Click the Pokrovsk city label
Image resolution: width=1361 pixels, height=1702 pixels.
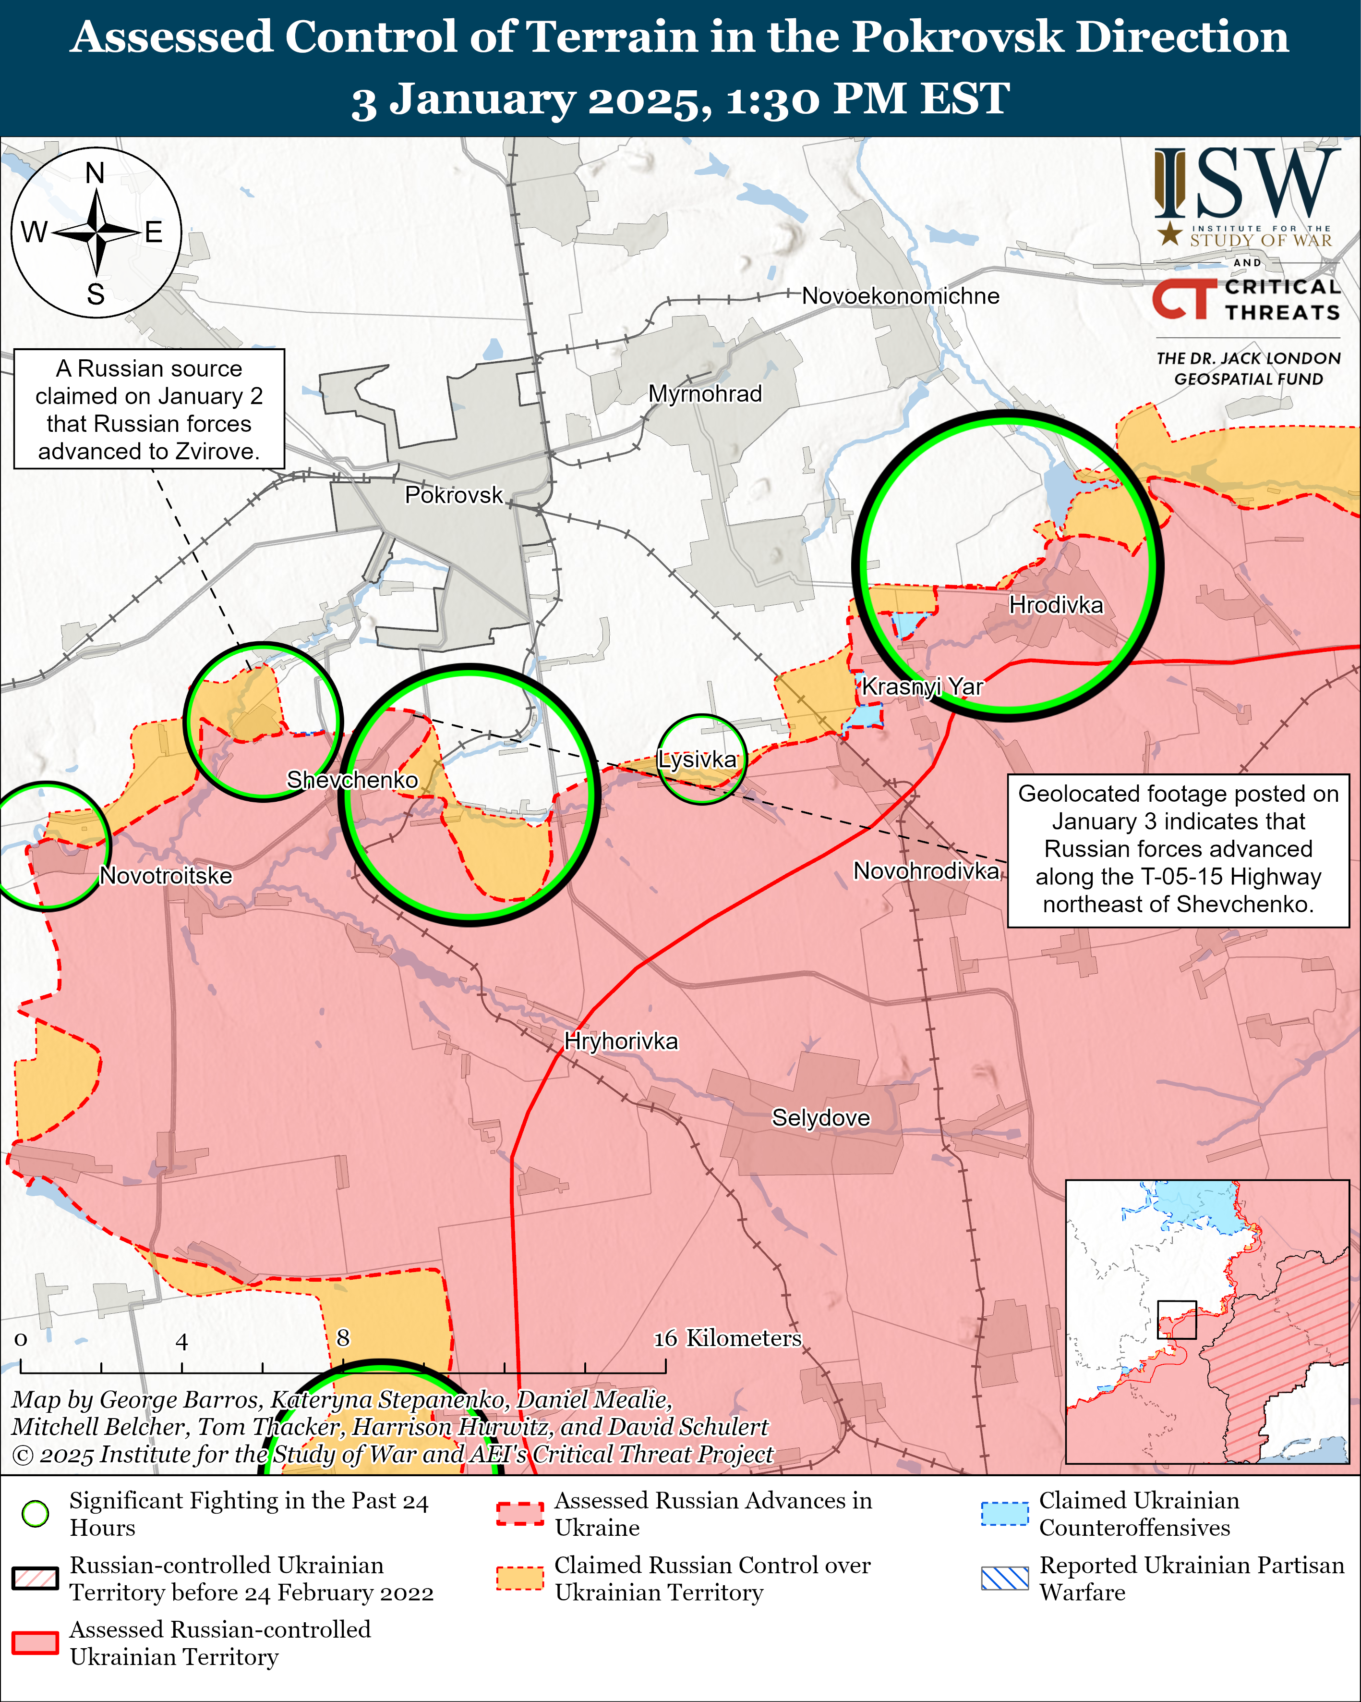coord(454,495)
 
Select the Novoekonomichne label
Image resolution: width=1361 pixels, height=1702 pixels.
coord(900,296)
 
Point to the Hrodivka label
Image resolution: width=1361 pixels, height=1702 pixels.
coord(1056,605)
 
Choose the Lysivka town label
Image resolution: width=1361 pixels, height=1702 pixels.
coord(698,759)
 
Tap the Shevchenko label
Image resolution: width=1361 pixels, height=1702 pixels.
coord(352,780)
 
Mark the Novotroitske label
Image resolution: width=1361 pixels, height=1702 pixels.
coord(166,875)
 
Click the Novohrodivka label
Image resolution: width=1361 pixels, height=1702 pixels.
coord(926,871)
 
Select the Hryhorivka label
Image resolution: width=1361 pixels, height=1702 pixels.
coord(621,1041)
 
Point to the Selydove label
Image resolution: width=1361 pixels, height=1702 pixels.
coord(820,1118)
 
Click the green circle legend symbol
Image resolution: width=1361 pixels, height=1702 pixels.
coord(36,1513)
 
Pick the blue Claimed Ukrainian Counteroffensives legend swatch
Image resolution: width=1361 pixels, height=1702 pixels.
coord(1004,1513)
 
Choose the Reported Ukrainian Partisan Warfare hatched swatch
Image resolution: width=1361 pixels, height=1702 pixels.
coord(1004,1577)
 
